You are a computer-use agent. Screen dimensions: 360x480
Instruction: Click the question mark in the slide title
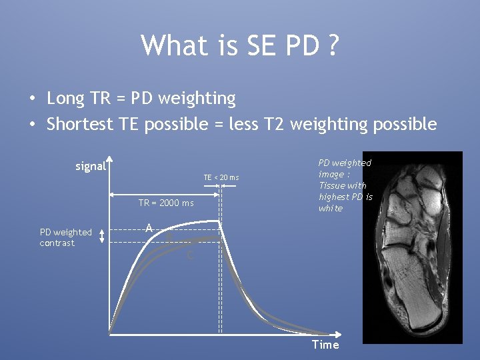pyautogui.click(x=331, y=45)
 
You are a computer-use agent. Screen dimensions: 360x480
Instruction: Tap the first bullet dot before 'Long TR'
pyautogui.click(x=32, y=99)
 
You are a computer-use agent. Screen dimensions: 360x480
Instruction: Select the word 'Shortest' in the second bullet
pyautogui.click(x=79, y=124)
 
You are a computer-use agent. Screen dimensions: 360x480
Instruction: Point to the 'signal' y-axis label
pyautogui.click(x=91, y=166)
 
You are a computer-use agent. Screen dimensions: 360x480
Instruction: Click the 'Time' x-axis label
pyautogui.click(x=325, y=345)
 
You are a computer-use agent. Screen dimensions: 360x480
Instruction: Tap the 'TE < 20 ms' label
pyautogui.click(x=221, y=177)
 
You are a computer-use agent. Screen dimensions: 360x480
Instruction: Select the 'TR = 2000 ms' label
pyautogui.click(x=166, y=203)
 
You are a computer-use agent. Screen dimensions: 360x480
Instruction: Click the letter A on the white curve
pyautogui.click(x=149, y=229)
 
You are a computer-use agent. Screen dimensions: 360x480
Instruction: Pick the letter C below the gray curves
pyautogui.click(x=191, y=255)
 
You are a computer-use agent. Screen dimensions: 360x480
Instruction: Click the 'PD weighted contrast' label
pyautogui.click(x=65, y=237)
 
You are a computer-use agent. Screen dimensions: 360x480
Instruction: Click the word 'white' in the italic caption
pyautogui.click(x=330, y=208)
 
